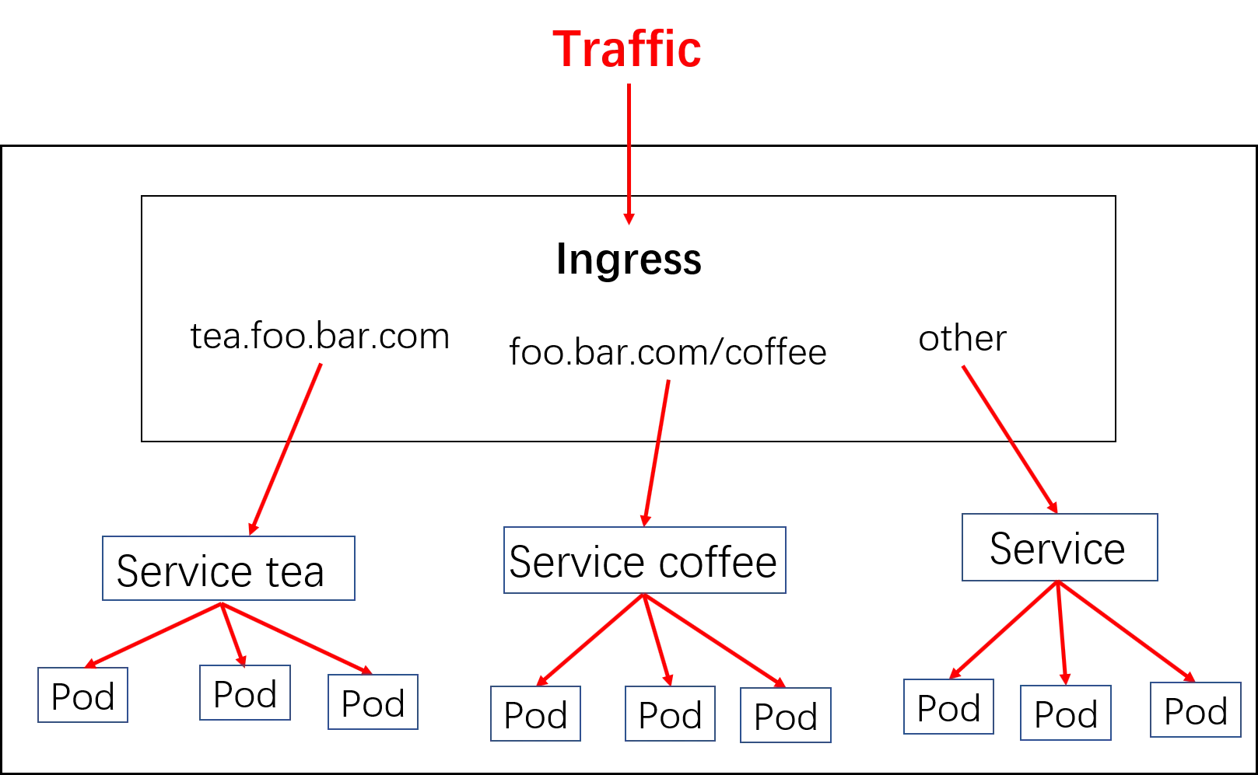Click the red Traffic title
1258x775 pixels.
click(627, 49)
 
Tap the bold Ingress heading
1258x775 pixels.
click(629, 259)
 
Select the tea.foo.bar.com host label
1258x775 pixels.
click(320, 336)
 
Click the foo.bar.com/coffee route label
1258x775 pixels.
click(668, 351)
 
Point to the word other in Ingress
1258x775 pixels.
click(962, 338)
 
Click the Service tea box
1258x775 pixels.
click(229, 568)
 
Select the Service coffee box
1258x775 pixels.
click(645, 560)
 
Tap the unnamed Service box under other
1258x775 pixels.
click(1060, 547)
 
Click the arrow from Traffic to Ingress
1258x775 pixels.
click(629, 154)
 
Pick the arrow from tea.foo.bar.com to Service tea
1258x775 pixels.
click(286, 449)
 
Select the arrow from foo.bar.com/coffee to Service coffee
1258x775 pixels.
click(657, 453)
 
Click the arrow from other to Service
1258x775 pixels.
click(1010, 440)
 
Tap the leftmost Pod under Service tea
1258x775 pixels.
click(82, 695)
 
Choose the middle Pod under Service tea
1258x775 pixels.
click(245, 693)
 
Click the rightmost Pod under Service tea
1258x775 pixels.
click(373, 702)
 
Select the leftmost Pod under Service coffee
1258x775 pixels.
click(535, 714)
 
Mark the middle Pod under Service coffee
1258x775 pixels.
click(670, 714)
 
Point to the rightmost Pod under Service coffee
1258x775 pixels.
click(786, 715)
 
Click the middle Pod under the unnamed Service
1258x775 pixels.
click(1066, 713)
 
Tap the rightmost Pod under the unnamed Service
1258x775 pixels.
click(1196, 710)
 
